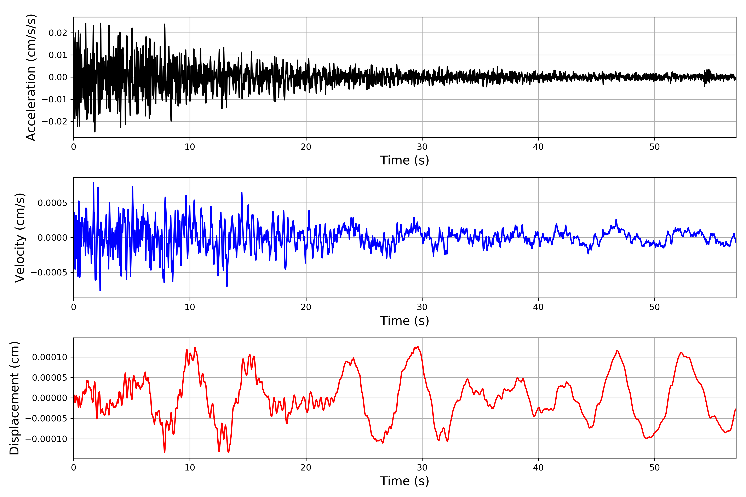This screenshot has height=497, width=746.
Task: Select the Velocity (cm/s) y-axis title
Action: pos(20,237)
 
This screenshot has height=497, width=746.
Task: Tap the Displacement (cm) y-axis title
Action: pos(14,398)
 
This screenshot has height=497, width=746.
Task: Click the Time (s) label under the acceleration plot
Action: pos(404,160)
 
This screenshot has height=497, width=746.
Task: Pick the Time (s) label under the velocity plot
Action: pos(404,321)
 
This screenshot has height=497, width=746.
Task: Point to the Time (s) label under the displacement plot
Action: pos(404,481)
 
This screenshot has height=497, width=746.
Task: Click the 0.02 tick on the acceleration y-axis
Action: pos(58,33)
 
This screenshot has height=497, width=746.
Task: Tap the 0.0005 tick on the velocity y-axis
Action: pos(52,203)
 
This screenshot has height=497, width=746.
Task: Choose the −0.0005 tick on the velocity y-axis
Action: pos(49,273)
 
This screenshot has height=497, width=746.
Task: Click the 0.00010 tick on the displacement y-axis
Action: pos(50,357)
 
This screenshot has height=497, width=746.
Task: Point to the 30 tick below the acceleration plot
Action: pos(422,147)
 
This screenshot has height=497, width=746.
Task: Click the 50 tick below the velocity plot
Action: pos(654,307)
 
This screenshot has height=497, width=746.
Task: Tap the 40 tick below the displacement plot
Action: pos(538,468)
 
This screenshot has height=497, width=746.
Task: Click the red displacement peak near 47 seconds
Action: pos(617,351)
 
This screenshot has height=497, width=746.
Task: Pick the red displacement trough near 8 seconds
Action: pos(164,452)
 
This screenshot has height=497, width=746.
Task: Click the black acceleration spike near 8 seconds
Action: pos(165,24)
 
